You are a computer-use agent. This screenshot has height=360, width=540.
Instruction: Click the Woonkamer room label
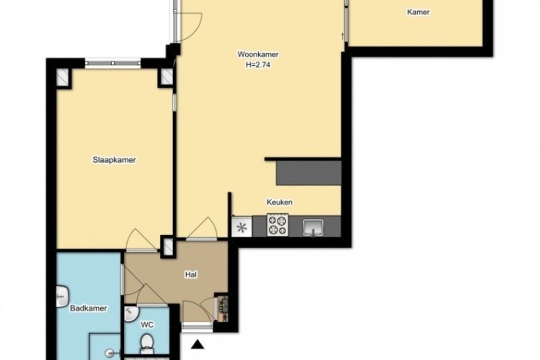[x=258, y=54]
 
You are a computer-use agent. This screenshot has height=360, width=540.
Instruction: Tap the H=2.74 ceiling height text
[x=258, y=65]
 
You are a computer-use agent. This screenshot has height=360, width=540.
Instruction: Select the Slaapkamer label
[x=114, y=160]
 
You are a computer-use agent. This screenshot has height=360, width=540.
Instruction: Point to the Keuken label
[x=279, y=202]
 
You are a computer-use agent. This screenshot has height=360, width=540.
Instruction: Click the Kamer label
[x=418, y=12]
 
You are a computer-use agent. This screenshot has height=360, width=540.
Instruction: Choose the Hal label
[x=191, y=274]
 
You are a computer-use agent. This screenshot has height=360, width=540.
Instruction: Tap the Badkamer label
[x=89, y=308]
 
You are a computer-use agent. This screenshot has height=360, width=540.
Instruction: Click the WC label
[x=147, y=325]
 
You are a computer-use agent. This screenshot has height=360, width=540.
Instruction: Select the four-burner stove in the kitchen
[x=278, y=225]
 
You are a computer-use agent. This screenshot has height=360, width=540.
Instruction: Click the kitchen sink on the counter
[x=313, y=227]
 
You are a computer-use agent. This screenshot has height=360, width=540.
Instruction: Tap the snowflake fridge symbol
[x=242, y=227]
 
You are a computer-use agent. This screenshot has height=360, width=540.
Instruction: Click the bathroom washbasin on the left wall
[x=62, y=297]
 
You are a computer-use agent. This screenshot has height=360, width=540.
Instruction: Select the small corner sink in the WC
[x=131, y=314]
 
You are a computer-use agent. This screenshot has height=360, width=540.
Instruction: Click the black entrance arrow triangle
[x=198, y=344]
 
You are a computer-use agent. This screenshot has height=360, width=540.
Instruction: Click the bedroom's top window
[x=113, y=63]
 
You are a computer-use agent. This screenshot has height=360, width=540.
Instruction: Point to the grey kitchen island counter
[x=309, y=173]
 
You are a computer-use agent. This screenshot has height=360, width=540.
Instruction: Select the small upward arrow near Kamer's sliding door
[x=342, y=36]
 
